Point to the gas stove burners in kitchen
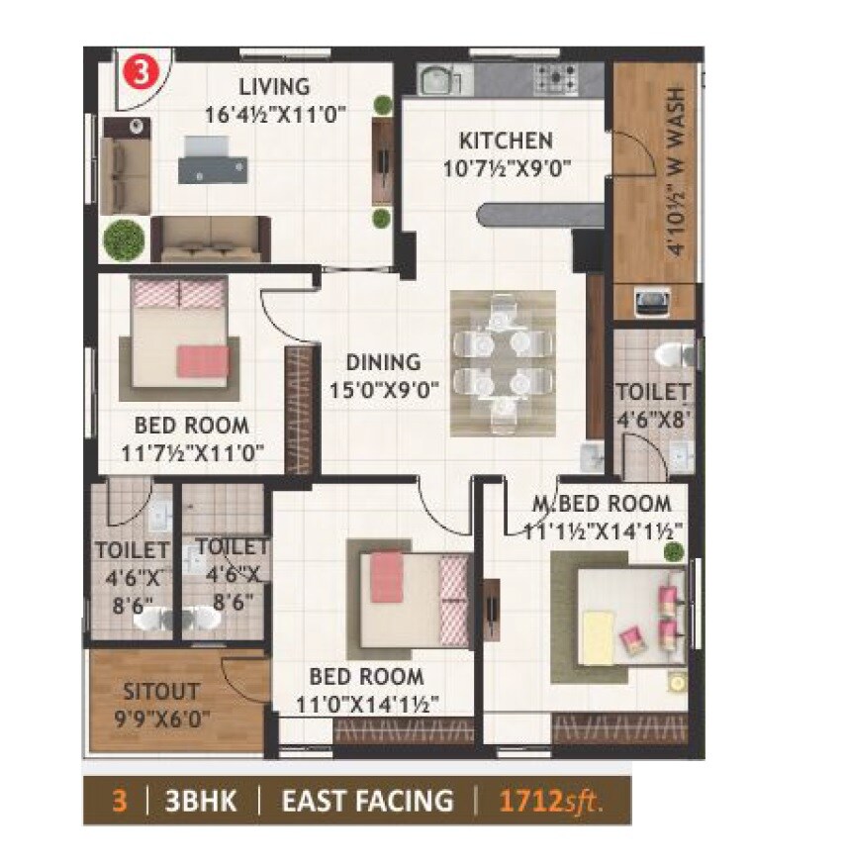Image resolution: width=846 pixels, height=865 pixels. (x=557, y=76)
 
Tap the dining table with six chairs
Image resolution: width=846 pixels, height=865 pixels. (x=503, y=362)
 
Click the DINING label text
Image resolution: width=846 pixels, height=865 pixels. (x=383, y=362)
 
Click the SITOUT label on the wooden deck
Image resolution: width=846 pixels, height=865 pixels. (x=160, y=691)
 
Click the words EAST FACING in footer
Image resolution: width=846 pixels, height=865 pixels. (x=367, y=800)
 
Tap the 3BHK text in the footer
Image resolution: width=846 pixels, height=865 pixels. (x=205, y=800)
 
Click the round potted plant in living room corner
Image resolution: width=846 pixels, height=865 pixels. (x=124, y=239)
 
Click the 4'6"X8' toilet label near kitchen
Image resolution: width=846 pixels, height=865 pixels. (x=653, y=405)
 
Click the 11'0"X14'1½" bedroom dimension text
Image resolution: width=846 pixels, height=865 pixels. (x=367, y=704)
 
